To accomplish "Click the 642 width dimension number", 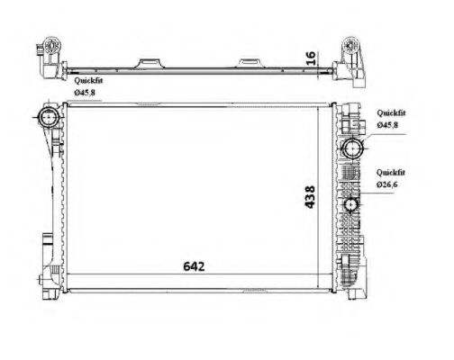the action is (194, 266).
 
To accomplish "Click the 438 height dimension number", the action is (310, 197).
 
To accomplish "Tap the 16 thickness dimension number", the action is (311, 58).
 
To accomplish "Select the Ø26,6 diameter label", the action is (386, 184).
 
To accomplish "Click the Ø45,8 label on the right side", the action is (387, 125).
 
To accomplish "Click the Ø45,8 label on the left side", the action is (85, 93).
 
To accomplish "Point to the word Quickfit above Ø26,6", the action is (391, 173).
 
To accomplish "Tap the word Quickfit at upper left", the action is (88, 80).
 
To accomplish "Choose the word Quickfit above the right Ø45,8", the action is (391, 113).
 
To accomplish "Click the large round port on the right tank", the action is (353, 148).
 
